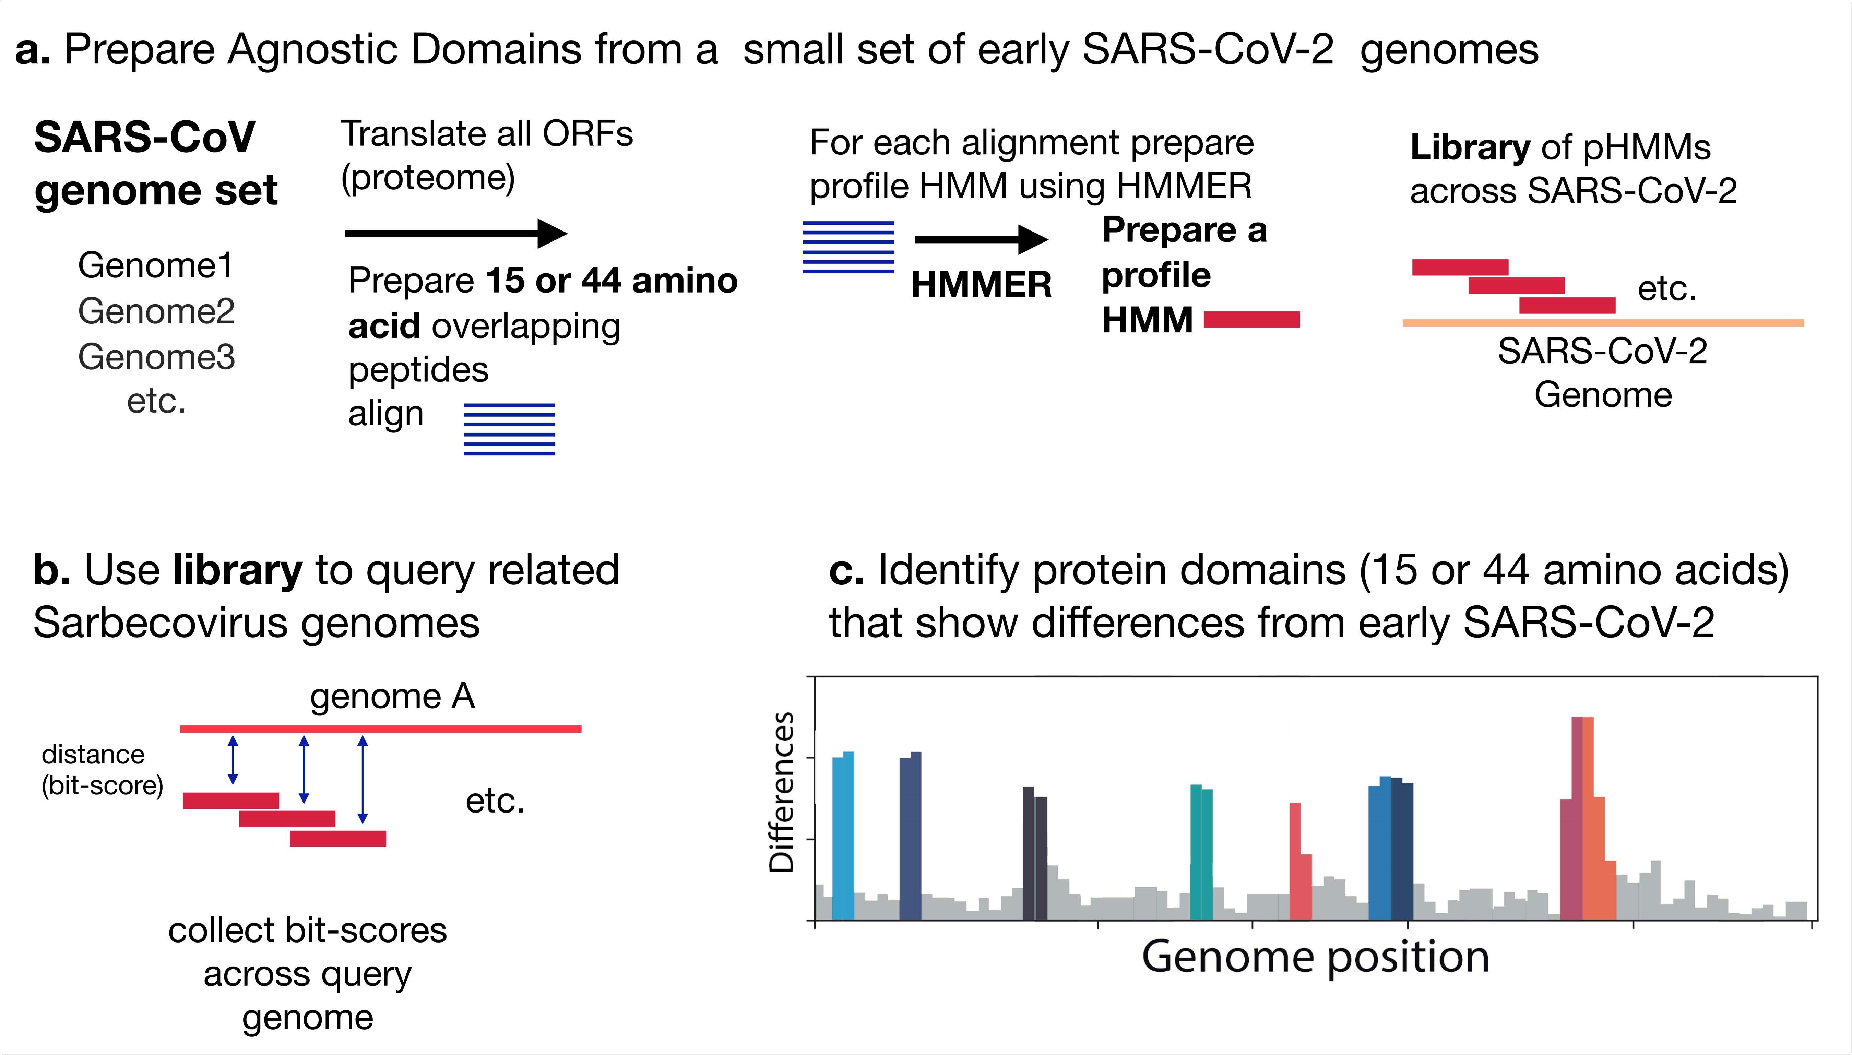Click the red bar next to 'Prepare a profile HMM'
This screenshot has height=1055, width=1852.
1251,320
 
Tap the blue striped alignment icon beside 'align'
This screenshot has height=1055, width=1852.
509,429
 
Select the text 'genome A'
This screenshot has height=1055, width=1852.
392,696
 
